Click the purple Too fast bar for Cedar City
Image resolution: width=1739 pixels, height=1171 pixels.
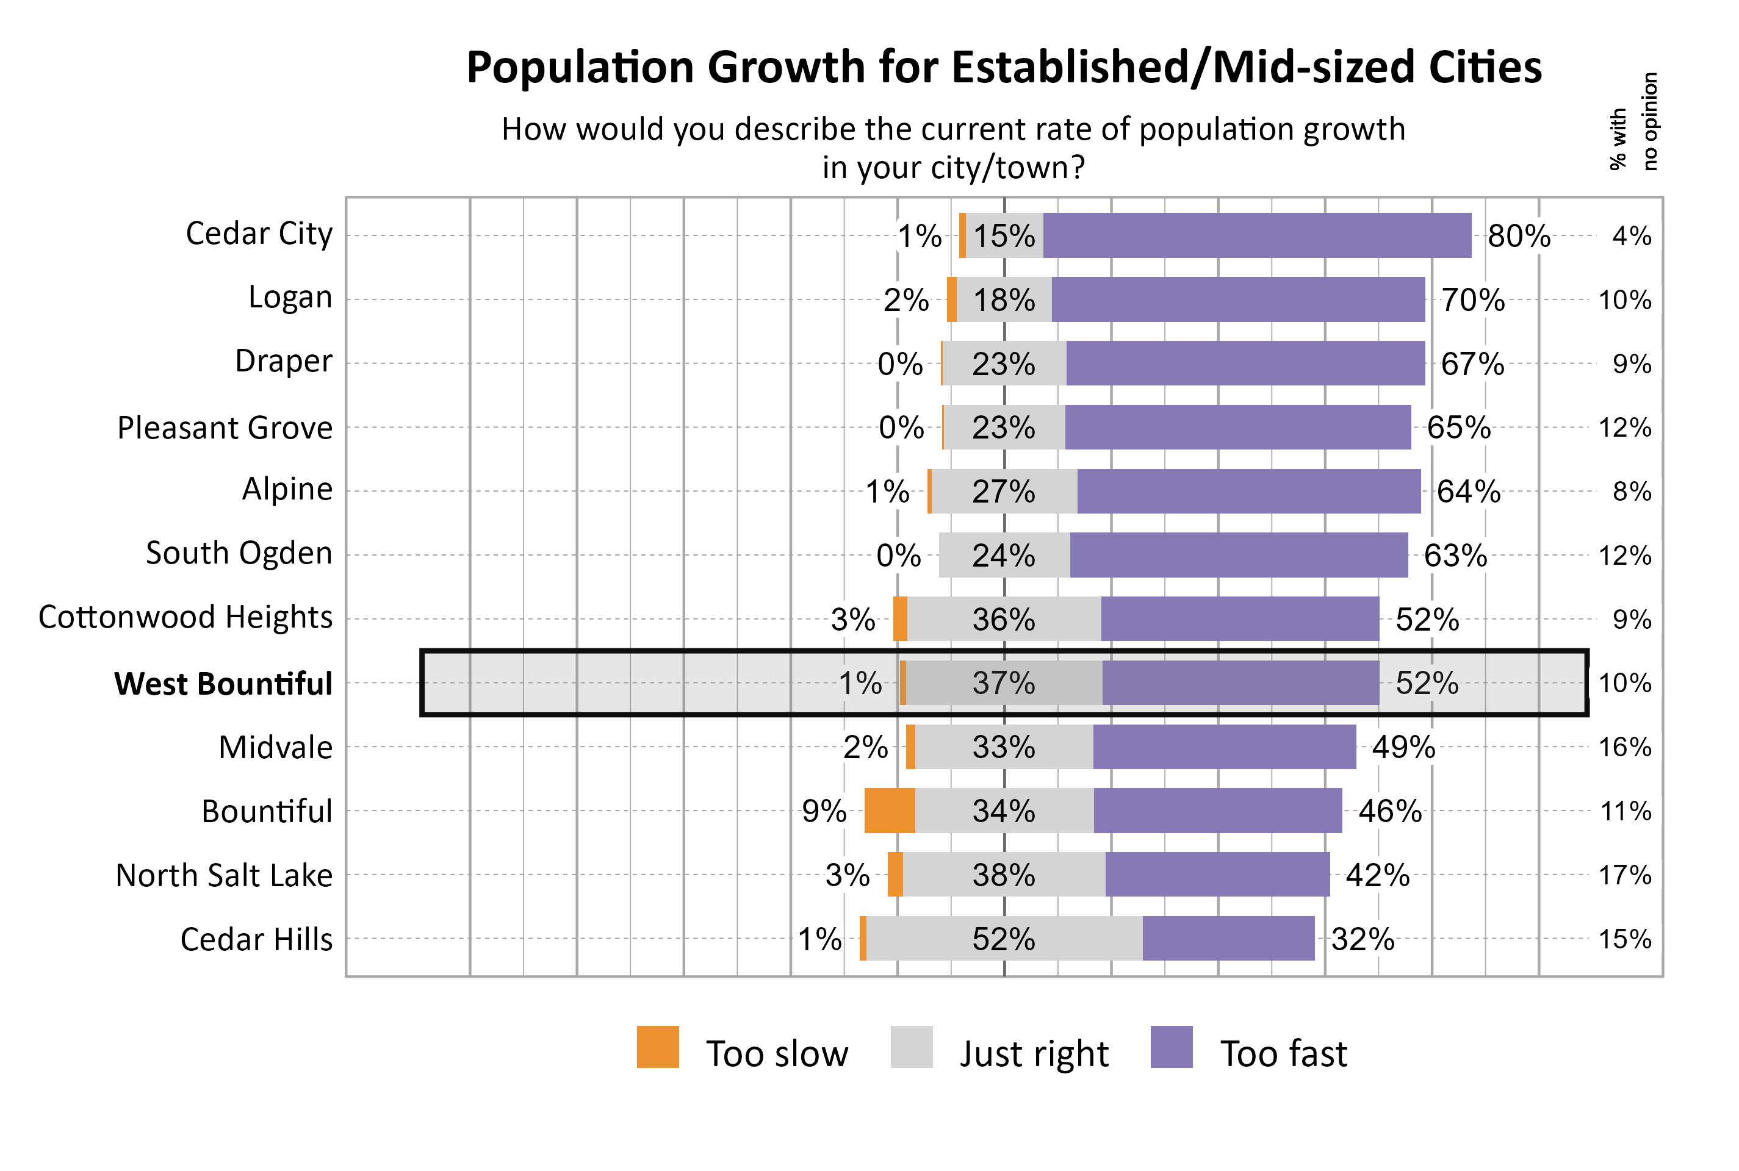1256,235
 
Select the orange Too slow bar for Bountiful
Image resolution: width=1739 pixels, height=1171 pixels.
889,811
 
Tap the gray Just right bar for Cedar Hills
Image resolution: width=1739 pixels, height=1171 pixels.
1004,938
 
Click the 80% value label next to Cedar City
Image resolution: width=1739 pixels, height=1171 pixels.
1518,236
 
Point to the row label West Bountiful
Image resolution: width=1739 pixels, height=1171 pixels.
223,683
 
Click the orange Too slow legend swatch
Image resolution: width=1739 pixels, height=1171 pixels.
657,1047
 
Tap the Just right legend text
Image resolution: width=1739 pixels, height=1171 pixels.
1034,1054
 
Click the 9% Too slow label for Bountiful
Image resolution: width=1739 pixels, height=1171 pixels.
823,811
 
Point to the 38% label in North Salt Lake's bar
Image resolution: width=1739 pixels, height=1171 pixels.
1003,875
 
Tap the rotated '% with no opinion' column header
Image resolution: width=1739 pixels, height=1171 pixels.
1633,122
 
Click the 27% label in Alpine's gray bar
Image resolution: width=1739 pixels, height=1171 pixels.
1003,492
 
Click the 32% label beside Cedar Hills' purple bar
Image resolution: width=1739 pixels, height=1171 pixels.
1362,939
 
